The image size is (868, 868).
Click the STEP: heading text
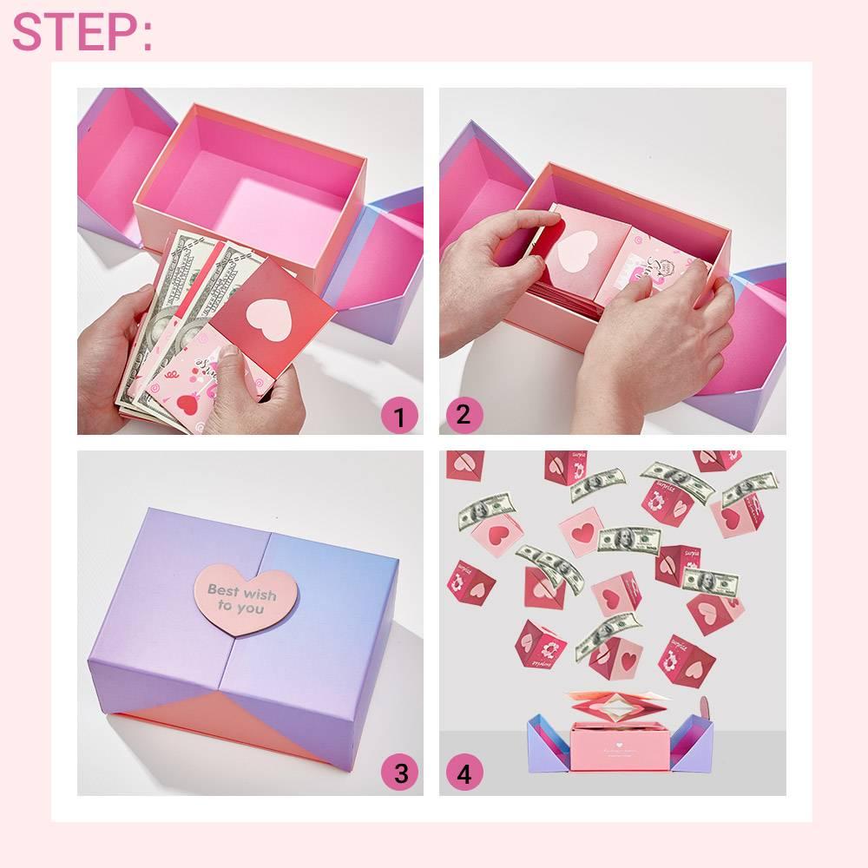[x=82, y=32]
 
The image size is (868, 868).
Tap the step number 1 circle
[x=399, y=418]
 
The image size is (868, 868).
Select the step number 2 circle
[x=464, y=414]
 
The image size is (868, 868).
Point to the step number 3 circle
[x=399, y=773]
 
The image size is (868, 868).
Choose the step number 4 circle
[x=464, y=773]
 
